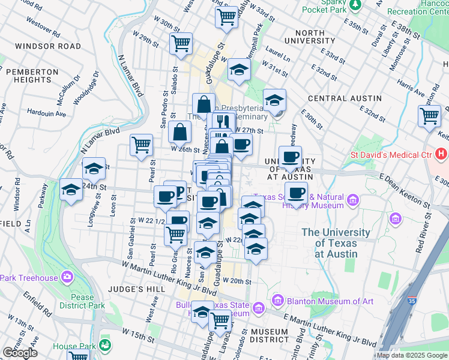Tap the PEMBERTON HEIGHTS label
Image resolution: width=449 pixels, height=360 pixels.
pyautogui.click(x=32, y=76)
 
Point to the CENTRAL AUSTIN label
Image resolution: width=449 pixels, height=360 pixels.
pyautogui.click(x=345, y=98)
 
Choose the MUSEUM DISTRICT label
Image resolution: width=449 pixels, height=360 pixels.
pyautogui.click(x=270, y=336)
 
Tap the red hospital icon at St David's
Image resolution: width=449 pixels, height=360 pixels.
pyautogui.click(x=442, y=155)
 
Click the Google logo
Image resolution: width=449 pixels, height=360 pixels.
pyautogui.click(x=20, y=353)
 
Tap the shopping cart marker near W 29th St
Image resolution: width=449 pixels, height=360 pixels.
pyautogui.click(x=181, y=44)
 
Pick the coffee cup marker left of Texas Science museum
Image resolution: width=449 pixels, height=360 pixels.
pyautogui.click(x=296, y=193)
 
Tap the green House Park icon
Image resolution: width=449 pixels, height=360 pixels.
pyautogui.click(x=106, y=345)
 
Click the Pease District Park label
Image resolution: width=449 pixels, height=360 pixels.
pyautogui.click(x=82, y=301)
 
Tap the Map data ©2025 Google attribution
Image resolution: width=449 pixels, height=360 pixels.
pyautogui.click(x=412, y=355)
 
